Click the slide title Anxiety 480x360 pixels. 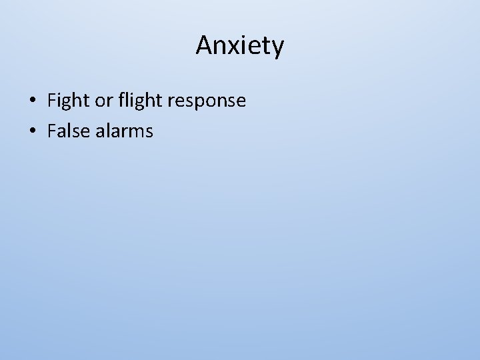pyautogui.click(x=240, y=45)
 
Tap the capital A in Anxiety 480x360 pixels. pyautogui.click(x=204, y=45)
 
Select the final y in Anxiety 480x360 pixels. pyautogui.click(x=277, y=49)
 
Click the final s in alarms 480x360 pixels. pyautogui.click(x=149, y=132)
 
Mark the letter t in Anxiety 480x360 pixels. pyautogui.click(x=267, y=46)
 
